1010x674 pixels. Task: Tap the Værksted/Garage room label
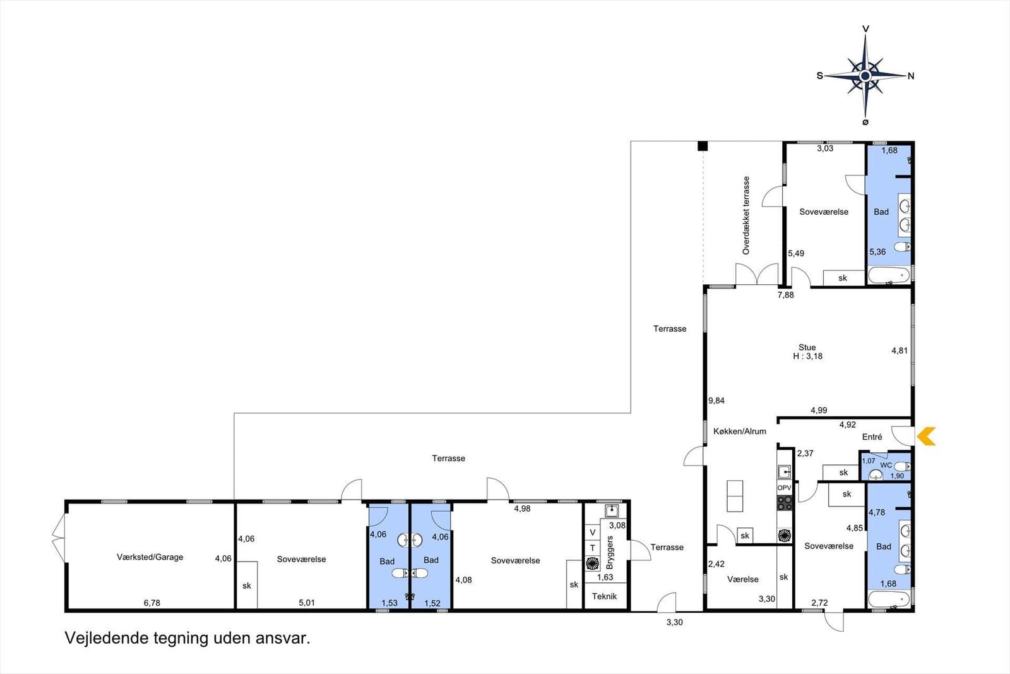[150, 557]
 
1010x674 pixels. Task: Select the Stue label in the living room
[807, 347]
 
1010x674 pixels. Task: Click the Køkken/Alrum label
[740, 431]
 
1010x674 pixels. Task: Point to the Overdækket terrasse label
[746, 215]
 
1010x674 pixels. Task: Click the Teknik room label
[604, 596]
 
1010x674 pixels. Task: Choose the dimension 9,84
[716, 400]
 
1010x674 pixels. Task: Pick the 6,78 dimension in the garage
[152, 603]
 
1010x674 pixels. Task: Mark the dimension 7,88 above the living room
[785, 295]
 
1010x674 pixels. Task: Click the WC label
[886, 465]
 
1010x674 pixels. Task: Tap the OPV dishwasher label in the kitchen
[785, 488]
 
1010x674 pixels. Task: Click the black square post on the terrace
[703, 146]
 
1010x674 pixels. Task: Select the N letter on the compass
[911, 76]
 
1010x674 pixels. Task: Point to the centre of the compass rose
[865, 76]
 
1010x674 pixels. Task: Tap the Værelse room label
[742, 579]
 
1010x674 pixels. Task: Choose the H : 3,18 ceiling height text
[808, 356]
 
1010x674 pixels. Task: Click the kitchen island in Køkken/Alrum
[735, 496]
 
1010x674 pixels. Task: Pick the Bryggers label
[610, 553]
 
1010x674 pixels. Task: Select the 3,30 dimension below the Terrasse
[675, 623]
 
